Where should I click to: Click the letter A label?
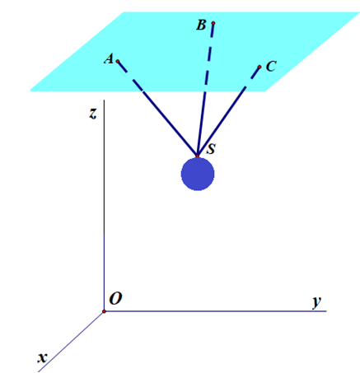[x=109, y=59]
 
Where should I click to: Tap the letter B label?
[x=201, y=25]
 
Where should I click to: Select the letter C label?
[x=271, y=67]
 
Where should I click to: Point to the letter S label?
[x=211, y=149]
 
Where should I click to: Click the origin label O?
[x=115, y=298]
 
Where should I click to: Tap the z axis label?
[x=93, y=114]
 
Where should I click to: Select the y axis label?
[x=317, y=302]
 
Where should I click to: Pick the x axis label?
[x=42, y=358]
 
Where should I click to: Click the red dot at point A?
[x=118, y=61]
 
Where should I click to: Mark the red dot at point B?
[x=213, y=23]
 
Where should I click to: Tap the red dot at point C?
[x=259, y=67]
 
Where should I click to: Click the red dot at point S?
[x=197, y=156]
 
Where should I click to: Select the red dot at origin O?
[x=104, y=311]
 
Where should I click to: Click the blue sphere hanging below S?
[x=198, y=174]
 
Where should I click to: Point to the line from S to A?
[x=157, y=109]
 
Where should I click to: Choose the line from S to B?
[x=205, y=90]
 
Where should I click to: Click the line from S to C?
[x=228, y=111]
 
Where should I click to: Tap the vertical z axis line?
[x=104, y=206]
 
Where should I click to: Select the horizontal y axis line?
[x=215, y=311]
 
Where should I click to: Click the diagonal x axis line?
[x=71, y=342]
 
